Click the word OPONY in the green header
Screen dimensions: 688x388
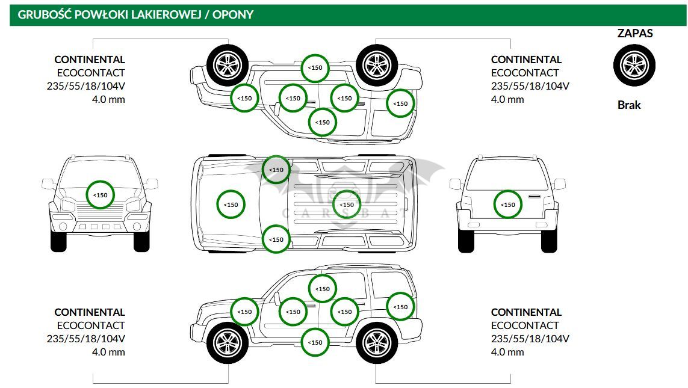(233, 14)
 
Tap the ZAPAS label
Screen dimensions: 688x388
(635, 33)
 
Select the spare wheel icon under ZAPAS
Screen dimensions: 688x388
(634, 66)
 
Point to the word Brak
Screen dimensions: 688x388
(629, 105)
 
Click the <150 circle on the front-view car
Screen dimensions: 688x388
(101, 195)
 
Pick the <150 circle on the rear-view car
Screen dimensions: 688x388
(508, 205)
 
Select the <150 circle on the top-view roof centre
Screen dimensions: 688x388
(347, 205)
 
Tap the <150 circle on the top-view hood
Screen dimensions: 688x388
(231, 205)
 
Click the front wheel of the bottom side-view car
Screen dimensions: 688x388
(228, 343)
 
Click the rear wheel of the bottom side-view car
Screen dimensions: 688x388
(377, 343)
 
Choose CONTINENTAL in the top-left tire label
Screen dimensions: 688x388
(90, 60)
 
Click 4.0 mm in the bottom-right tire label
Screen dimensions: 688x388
(507, 352)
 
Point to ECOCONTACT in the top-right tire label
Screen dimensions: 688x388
(525, 73)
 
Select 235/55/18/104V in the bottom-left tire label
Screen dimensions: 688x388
(86, 339)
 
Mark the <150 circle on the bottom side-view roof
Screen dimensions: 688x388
(323, 289)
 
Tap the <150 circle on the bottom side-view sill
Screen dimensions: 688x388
(315, 342)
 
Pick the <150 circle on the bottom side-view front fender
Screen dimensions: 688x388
(244, 312)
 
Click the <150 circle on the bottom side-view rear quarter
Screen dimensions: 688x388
(401, 307)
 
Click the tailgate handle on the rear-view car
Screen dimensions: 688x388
(535, 197)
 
